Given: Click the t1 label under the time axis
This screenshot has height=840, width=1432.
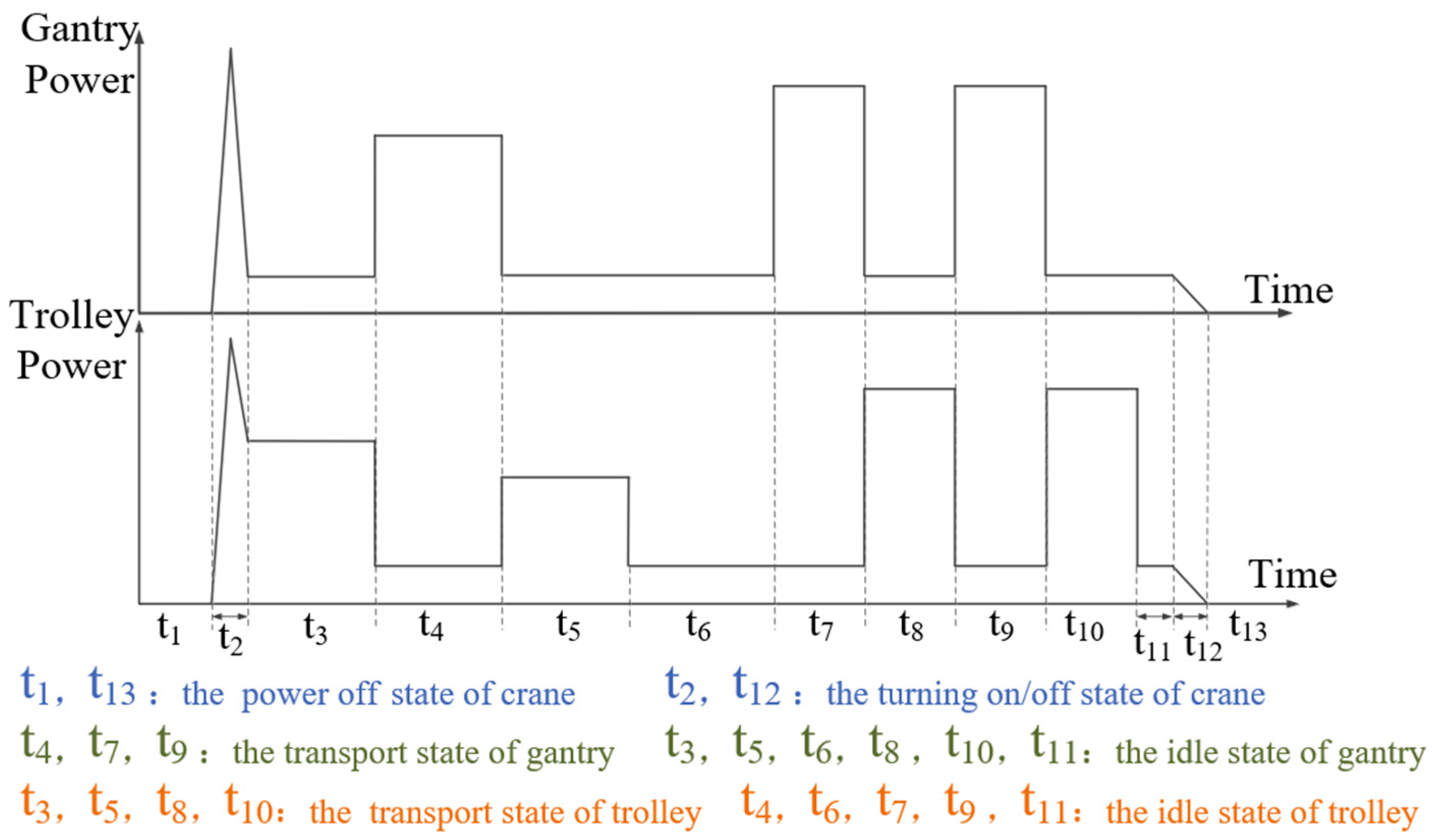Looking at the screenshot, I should click(169, 629).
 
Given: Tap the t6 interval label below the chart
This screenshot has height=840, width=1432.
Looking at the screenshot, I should click(698, 626).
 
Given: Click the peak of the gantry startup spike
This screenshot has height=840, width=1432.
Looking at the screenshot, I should click(231, 49).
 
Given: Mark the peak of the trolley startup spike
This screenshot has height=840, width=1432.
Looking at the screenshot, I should click(231, 339).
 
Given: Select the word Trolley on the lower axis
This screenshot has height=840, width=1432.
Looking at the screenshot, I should click(72, 316).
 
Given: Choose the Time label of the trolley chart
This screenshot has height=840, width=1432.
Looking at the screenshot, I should click(1292, 575).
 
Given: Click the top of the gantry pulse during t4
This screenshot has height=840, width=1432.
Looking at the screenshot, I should click(438, 135).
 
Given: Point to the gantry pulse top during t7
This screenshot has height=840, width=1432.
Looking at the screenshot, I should click(819, 87).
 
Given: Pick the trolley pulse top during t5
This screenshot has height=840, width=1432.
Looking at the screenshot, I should click(565, 478).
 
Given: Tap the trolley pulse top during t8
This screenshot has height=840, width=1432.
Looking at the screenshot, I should click(909, 389).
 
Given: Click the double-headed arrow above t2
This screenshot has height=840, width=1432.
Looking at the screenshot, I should click(230, 616).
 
